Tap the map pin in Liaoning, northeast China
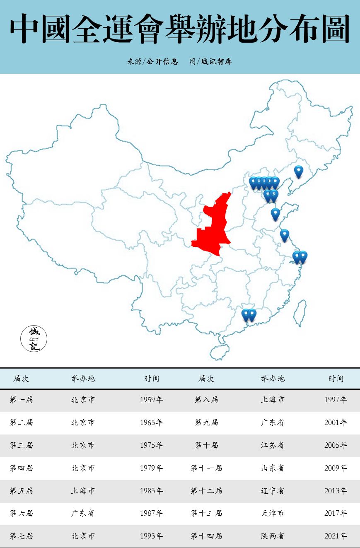(x=298, y=171)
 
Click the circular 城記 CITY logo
(x=34, y=338)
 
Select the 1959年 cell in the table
(x=151, y=400)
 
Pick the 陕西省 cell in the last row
(x=273, y=536)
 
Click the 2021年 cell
(x=336, y=536)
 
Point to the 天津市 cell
(x=273, y=513)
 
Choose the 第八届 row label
(x=206, y=400)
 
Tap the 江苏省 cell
(x=273, y=445)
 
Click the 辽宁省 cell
(x=273, y=490)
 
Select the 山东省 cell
(x=273, y=468)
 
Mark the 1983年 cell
(x=151, y=490)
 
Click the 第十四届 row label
(x=206, y=536)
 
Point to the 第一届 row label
(x=21, y=400)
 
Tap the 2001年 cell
(x=336, y=422)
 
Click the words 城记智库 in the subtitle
(x=216, y=62)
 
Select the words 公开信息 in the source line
(x=162, y=62)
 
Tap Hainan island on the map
(x=220, y=352)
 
